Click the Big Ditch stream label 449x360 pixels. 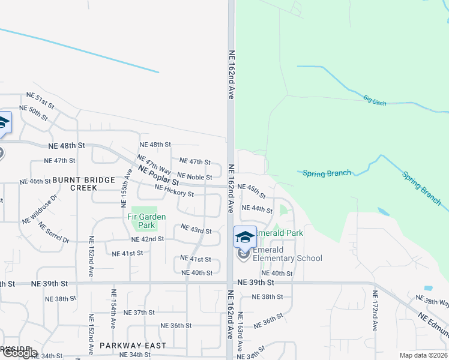point(376,98)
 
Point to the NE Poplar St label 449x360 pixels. point(158,175)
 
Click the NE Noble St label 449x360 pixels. point(194,177)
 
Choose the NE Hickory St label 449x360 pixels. point(174,191)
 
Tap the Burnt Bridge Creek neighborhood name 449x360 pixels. point(74,184)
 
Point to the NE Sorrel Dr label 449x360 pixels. point(53,233)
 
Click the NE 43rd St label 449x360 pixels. point(196,231)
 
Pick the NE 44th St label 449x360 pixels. point(257,209)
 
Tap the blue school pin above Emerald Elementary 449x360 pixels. point(244,236)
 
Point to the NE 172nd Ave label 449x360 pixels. point(375,311)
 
